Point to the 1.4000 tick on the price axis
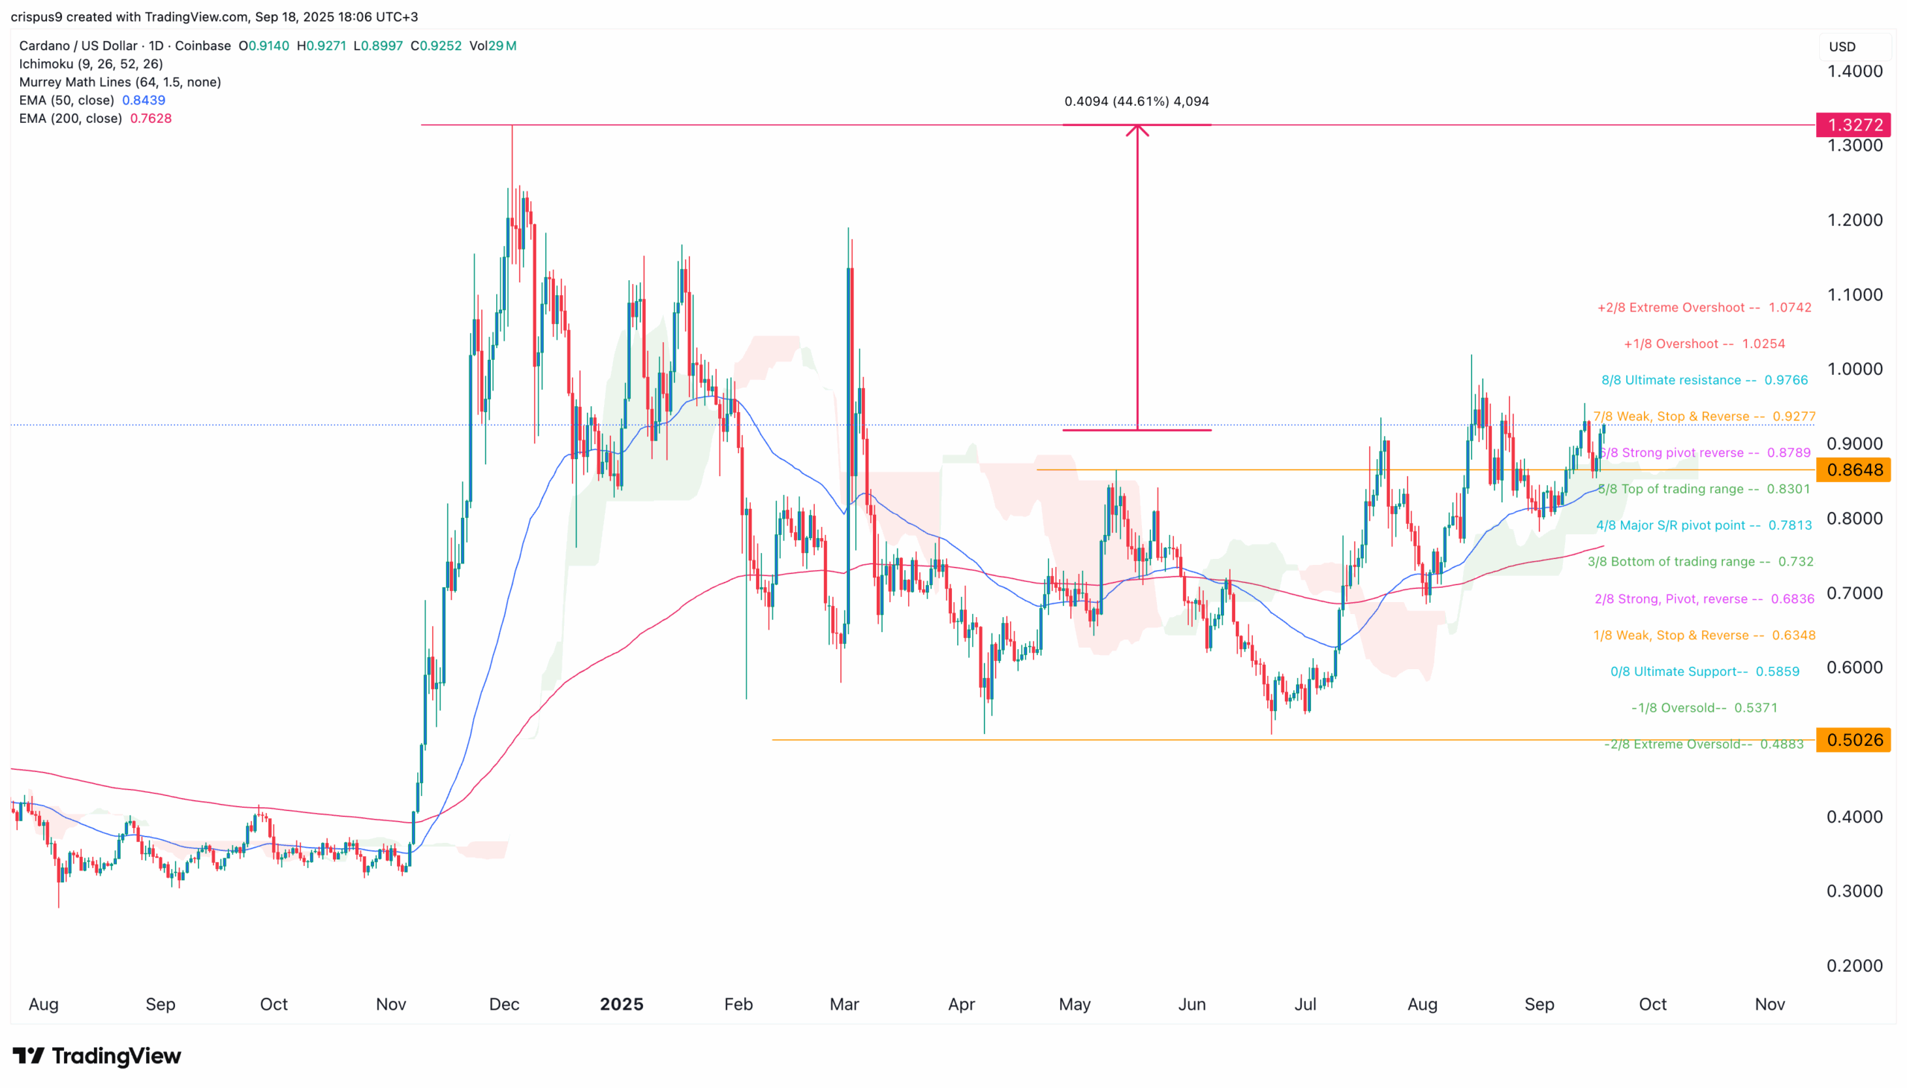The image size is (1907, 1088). (1854, 72)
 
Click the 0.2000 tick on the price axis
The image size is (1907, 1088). (1854, 966)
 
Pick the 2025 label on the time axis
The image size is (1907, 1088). (621, 1005)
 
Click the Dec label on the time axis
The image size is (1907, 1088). (504, 1005)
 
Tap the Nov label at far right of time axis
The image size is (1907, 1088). (1768, 1005)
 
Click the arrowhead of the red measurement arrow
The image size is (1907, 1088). (1137, 128)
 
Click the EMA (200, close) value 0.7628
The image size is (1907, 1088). (151, 118)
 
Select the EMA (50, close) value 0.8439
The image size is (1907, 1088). (144, 100)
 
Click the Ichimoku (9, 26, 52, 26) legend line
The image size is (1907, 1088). (91, 64)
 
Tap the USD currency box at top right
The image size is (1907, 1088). (1854, 46)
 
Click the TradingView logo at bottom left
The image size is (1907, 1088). (97, 1056)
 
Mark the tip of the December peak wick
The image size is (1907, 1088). (513, 127)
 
